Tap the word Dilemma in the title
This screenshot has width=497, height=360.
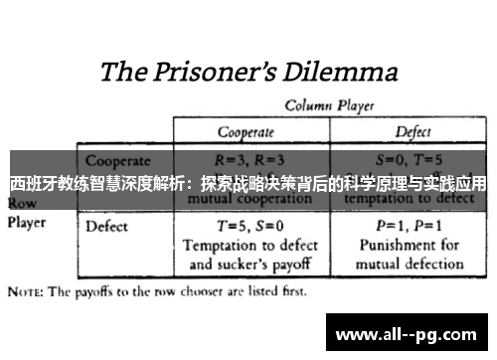pos(338,73)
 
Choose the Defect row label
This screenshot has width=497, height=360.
pos(107,226)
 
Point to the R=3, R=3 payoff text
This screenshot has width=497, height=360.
pos(248,159)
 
